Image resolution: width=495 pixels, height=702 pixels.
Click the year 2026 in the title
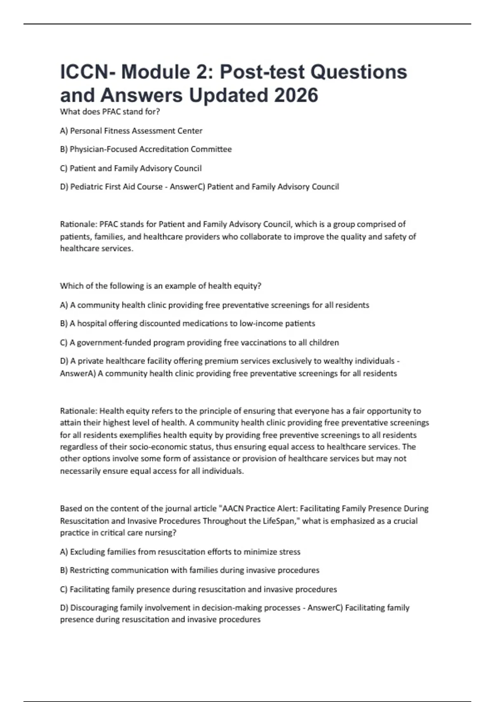tap(296, 95)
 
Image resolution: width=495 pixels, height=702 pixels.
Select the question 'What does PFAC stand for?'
tap(110, 111)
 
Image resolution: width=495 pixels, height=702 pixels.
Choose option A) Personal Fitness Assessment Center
tap(131, 131)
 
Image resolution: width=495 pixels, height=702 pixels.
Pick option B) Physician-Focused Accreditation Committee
tap(146, 149)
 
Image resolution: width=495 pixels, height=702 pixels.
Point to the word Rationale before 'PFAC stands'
tap(78, 224)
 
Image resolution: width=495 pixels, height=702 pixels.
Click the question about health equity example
tap(160, 286)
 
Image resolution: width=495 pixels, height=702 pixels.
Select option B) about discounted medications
tap(187, 323)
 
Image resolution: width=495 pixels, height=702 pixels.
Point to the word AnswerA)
tap(78, 373)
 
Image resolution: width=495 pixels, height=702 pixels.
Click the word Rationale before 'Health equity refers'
tap(78, 411)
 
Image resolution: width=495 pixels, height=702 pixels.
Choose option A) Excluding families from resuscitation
tap(180, 552)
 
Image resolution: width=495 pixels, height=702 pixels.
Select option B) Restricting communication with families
tap(190, 570)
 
